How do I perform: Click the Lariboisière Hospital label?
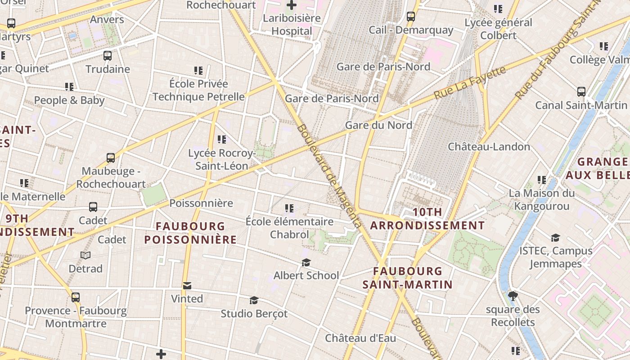point(292,25)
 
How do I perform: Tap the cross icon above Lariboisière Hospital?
point(292,5)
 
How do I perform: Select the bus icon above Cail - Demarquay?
point(411,17)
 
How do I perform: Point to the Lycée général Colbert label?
point(498,29)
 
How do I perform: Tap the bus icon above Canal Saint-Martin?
point(581,92)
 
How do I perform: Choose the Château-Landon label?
point(489,147)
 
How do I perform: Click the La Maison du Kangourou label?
point(542,200)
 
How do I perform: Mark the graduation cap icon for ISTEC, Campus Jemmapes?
point(555,238)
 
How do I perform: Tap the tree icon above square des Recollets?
point(513,296)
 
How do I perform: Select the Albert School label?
point(306,275)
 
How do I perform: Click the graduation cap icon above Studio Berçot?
point(254,300)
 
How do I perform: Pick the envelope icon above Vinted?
point(187,286)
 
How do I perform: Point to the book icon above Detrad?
point(85,256)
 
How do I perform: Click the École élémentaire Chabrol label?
point(289,228)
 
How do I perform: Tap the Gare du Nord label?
point(378,125)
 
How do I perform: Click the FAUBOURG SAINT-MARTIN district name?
point(408,278)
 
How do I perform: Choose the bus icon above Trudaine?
point(108,56)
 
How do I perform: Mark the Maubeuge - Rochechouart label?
point(111,178)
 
